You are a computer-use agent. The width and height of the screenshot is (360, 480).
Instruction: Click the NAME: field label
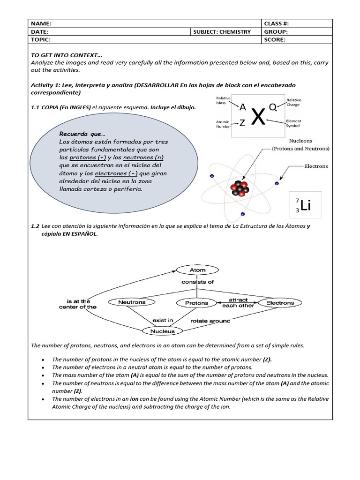(41, 23)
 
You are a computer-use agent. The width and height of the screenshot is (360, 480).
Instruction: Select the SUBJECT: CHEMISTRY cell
(222, 32)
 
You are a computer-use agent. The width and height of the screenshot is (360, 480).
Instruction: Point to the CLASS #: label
(280, 23)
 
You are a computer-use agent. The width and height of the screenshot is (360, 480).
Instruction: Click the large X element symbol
(258, 117)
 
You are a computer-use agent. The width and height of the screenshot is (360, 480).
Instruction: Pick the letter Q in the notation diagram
(272, 107)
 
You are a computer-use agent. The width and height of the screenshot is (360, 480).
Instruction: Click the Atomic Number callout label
(223, 123)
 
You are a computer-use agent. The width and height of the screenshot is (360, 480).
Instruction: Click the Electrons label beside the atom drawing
(316, 166)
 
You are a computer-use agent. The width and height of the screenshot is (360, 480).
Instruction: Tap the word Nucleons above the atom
(300, 141)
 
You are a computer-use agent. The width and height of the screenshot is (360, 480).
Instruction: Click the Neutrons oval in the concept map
(132, 303)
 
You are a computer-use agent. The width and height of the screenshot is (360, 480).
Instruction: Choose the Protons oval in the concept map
(197, 303)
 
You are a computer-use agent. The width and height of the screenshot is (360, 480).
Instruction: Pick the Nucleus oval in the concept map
(162, 331)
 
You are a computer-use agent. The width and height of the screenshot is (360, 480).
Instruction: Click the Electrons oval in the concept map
(280, 303)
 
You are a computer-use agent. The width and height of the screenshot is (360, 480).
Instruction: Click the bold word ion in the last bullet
(134, 399)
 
